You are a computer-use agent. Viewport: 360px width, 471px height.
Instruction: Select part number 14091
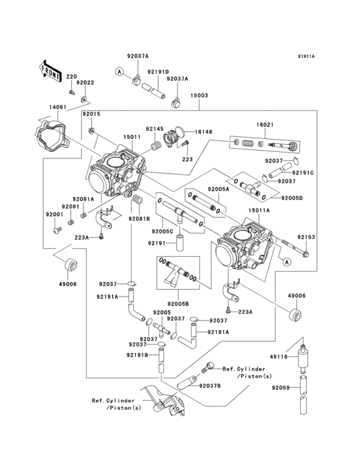(56, 107)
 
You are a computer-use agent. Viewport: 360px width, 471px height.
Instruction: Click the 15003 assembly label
(199, 95)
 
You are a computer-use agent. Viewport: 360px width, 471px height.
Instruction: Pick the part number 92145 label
(154, 129)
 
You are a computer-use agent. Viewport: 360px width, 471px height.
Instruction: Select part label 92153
(306, 237)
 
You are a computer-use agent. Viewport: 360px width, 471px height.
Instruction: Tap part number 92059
(280, 388)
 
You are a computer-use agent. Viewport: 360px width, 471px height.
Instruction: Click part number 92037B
(210, 385)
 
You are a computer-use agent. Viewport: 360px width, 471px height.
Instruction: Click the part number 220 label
(71, 77)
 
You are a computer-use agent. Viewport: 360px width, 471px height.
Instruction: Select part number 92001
(54, 214)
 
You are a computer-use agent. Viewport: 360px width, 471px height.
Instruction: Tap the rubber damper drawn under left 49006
(69, 264)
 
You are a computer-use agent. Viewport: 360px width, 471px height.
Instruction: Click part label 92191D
(157, 72)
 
